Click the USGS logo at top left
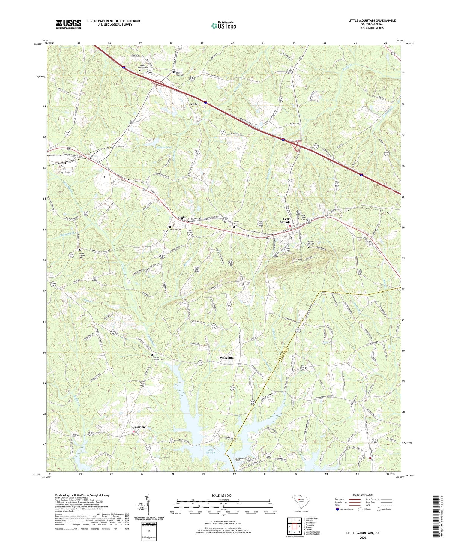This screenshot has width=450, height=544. pos(68,24)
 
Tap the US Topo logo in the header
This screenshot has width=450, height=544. pos(223,26)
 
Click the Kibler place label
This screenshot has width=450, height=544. pos(195,104)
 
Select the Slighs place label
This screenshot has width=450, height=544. pos(181,218)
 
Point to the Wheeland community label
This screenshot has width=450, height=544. pos(226,358)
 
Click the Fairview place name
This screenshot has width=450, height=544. pos(139,427)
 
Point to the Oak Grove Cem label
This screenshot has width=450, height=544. pos(175,229)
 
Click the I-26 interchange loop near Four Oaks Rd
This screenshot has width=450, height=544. pos(298,146)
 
